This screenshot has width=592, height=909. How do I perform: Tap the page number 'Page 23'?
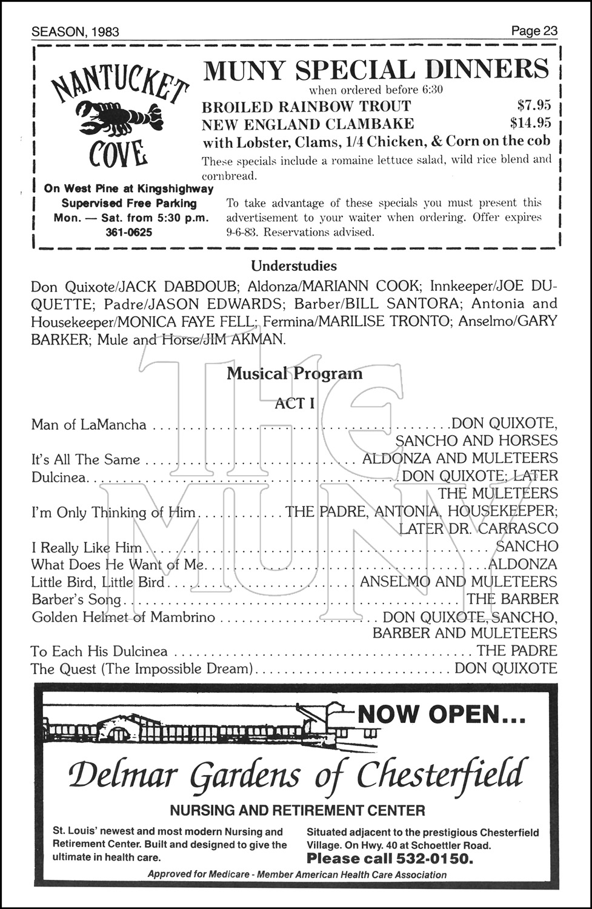coord(533,31)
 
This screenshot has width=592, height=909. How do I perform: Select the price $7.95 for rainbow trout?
coord(530,106)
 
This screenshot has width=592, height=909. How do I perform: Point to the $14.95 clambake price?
coord(530,124)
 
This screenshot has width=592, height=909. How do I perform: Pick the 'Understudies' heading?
coord(294,265)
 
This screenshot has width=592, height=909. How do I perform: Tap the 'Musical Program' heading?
coord(294,373)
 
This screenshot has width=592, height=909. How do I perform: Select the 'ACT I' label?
coord(294,403)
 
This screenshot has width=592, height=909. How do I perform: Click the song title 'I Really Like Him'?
coord(86,548)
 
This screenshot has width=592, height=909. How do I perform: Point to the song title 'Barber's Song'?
coord(76,599)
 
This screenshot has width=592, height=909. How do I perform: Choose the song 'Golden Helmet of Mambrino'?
coord(123,617)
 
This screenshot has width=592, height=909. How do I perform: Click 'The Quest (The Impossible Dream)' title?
coord(142,668)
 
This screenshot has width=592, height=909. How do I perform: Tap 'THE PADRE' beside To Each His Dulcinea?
coord(516,651)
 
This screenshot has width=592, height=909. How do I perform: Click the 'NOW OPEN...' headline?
coord(441,714)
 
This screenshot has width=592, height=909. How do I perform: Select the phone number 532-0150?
coord(433,858)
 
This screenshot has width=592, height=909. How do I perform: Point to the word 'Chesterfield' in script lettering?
coord(439,775)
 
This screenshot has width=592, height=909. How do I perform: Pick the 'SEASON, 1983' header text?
coord(75,32)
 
